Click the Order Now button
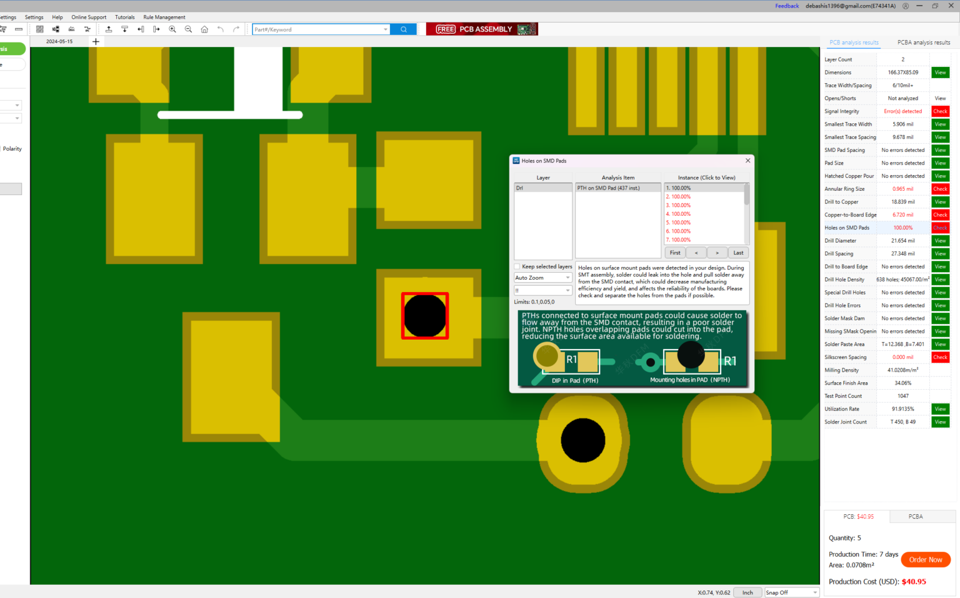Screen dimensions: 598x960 tap(925, 560)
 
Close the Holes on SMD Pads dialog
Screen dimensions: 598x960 tap(747, 161)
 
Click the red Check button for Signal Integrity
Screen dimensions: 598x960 tap(940, 111)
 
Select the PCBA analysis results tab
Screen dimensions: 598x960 tap(923, 43)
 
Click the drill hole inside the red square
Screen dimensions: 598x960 tap(425, 316)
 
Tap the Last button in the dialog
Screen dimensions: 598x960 tap(738, 253)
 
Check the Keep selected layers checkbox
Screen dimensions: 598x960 tap(517, 266)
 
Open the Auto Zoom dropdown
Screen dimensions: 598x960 tap(542, 278)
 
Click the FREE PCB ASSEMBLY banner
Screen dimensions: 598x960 tap(482, 29)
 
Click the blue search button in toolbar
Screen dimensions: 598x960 tap(403, 29)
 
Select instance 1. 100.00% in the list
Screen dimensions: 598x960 tap(679, 188)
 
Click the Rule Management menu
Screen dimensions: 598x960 tap(164, 18)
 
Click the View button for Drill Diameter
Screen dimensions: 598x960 tap(940, 241)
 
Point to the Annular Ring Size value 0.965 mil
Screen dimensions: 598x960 tap(902, 189)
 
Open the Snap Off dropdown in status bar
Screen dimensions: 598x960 tap(791, 592)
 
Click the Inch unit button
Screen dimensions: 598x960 tap(747, 592)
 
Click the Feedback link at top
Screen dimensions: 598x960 tap(787, 6)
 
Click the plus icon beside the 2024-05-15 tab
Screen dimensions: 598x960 tap(96, 42)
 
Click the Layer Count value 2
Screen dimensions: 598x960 tap(902, 59)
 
